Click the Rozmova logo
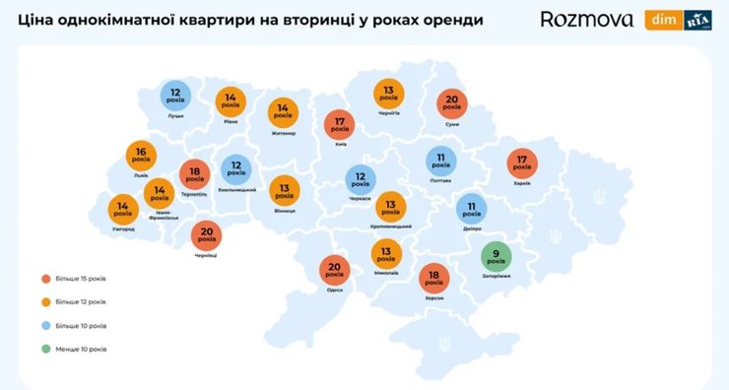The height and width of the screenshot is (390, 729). point(587,20)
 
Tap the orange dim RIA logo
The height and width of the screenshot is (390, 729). point(678,20)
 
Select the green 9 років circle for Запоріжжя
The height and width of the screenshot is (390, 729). point(497,258)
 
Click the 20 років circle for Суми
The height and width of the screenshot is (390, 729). point(453,102)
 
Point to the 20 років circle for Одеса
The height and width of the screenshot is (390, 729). point(336,270)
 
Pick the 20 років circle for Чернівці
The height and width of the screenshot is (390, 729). point(206,236)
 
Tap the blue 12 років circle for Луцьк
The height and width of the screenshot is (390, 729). point(175,96)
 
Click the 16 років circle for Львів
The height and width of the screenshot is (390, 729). point(141,154)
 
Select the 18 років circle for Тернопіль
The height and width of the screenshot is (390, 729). point(194,175)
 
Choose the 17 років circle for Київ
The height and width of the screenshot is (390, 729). point(340,125)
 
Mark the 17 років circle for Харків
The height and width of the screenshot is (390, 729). point(522,163)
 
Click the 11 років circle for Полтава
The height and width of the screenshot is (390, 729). point(441,160)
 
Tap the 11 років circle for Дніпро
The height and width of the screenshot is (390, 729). point(471,208)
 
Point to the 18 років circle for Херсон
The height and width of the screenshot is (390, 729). point(433,278)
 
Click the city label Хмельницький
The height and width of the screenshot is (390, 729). point(237,189)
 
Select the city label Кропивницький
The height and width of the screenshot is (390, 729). point(392,227)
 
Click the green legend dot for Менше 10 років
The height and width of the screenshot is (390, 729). point(46,349)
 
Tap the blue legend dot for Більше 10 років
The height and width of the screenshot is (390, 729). point(46,325)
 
